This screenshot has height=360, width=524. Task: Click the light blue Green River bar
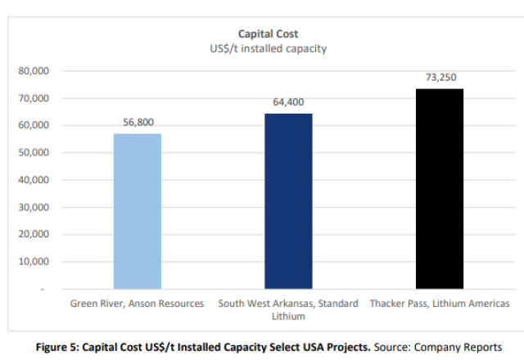click(x=138, y=211)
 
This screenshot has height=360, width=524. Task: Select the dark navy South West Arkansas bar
click(x=288, y=201)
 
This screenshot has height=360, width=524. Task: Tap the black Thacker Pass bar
click(x=440, y=189)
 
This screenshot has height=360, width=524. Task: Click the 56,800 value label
click(x=138, y=122)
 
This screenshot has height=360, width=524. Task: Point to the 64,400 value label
click(x=288, y=101)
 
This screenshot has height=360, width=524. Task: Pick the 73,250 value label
click(x=440, y=77)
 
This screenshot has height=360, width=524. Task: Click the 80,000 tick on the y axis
click(x=34, y=71)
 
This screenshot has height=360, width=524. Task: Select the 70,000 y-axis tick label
click(x=34, y=98)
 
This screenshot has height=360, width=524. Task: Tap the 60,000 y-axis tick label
click(x=34, y=125)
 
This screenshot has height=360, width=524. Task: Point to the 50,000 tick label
click(x=34, y=153)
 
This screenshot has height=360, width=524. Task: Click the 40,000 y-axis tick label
click(x=34, y=180)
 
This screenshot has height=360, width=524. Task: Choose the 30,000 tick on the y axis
click(x=34, y=207)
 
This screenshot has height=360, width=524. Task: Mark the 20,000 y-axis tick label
click(x=34, y=235)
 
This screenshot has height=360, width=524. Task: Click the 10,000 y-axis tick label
click(x=34, y=262)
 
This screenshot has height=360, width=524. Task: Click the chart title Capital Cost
click(x=268, y=34)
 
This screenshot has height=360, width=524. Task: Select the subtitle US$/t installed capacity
click(x=268, y=49)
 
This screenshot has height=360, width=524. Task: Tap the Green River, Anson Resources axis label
click(x=137, y=304)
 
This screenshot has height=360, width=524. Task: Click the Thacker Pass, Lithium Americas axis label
click(x=440, y=304)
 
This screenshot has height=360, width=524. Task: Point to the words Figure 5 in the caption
click(x=56, y=347)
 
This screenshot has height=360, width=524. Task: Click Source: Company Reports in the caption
click(x=438, y=347)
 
